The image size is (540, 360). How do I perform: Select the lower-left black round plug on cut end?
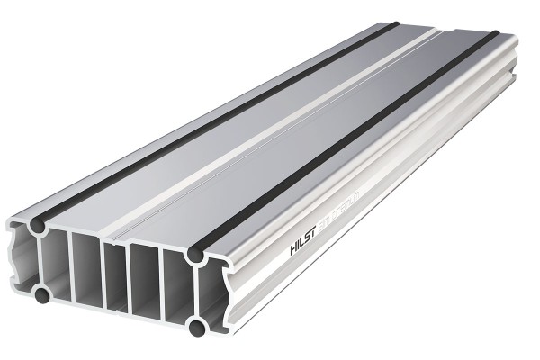tap(41, 293)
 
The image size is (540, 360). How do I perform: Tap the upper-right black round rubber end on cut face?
tap(196, 256)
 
